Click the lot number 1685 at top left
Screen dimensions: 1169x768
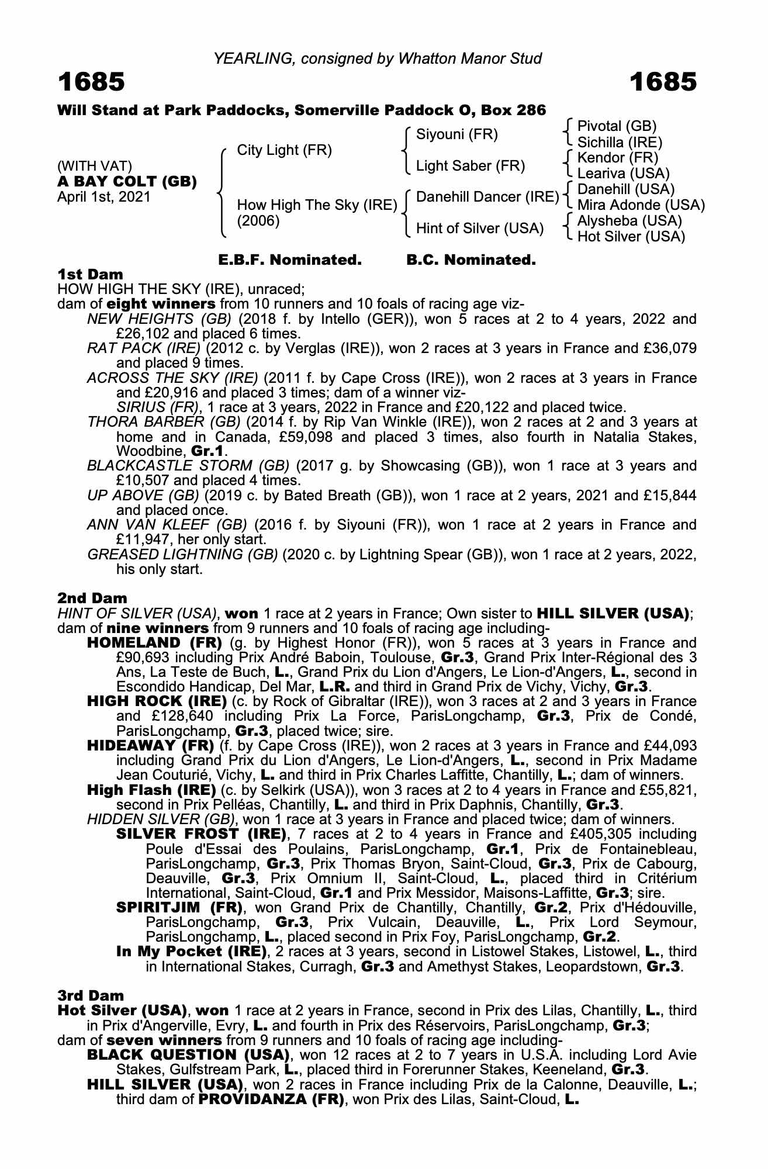pyautogui.click(x=91, y=82)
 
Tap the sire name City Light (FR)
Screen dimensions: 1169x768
pyautogui.click(x=284, y=150)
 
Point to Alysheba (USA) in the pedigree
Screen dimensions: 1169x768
pyautogui.click(x=629, y=221)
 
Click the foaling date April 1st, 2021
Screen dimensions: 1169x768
pyautogui.click(x=103, y=197)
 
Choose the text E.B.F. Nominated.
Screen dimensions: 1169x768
pyautogui.click(x=289, y=260)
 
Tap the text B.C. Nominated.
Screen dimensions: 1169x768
pyautogui.click(x=471, y=260)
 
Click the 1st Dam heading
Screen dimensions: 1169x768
pyautogui.click(x=90, y=274)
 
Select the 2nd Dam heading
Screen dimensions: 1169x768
pyautogui.click(x=92, y=598)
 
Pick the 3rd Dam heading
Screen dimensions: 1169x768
pyautogui.click(x=91, y=995)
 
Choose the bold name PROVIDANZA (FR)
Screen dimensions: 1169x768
pyautogui.click(x=271, y=1099)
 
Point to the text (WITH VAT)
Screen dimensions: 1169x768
pyautogui.click(x=95, y=166)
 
